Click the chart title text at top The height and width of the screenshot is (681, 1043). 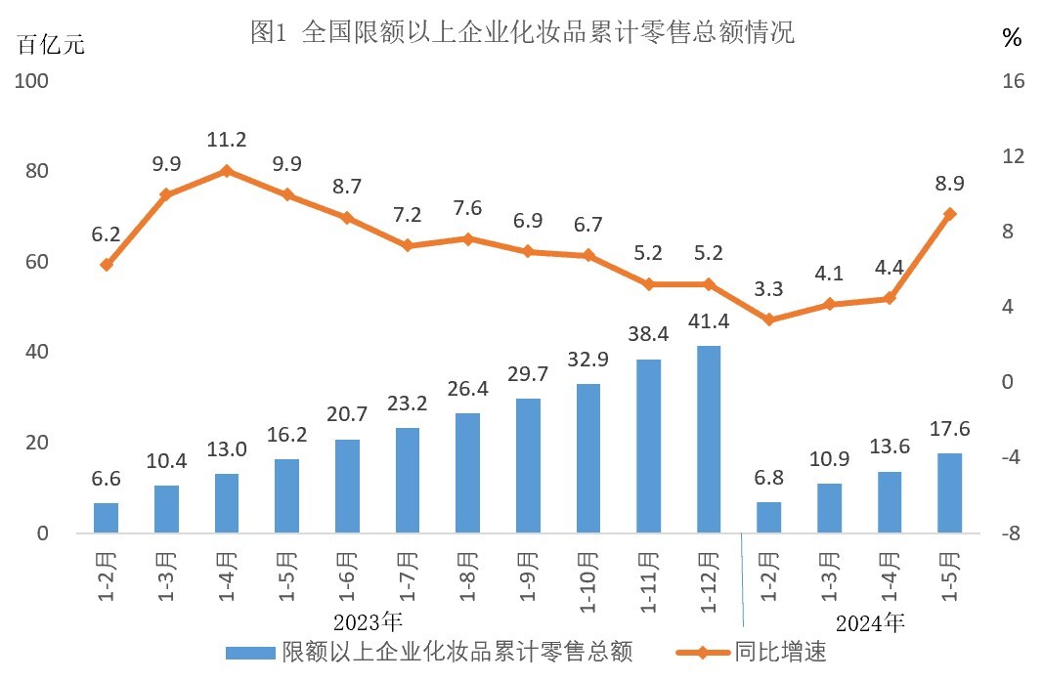click(x=522, y=33)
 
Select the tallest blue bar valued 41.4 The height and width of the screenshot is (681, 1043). click(x=709, y=440)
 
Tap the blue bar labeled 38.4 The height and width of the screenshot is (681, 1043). click(x=648, y=447)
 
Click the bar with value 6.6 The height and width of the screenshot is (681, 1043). click(x=106, y=519)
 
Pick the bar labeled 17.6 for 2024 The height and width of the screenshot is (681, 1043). click(x=949, y=493)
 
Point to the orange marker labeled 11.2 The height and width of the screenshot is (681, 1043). click(x=227, y=171)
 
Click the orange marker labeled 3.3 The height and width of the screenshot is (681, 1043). click(x=768, y=319)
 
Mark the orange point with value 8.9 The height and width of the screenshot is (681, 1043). click(x=949, y=214)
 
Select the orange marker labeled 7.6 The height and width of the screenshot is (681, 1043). click(x=467, y=238)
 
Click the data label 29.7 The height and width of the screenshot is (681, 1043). click(x=528, y=375)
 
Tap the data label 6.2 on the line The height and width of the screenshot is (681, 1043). click(x=106, y=235)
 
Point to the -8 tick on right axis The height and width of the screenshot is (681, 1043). click(x=1013, y=533)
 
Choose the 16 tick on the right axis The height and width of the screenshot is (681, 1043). click(x=1014, y=81)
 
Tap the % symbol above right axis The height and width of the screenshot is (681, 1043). click(x=1012, y=39)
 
